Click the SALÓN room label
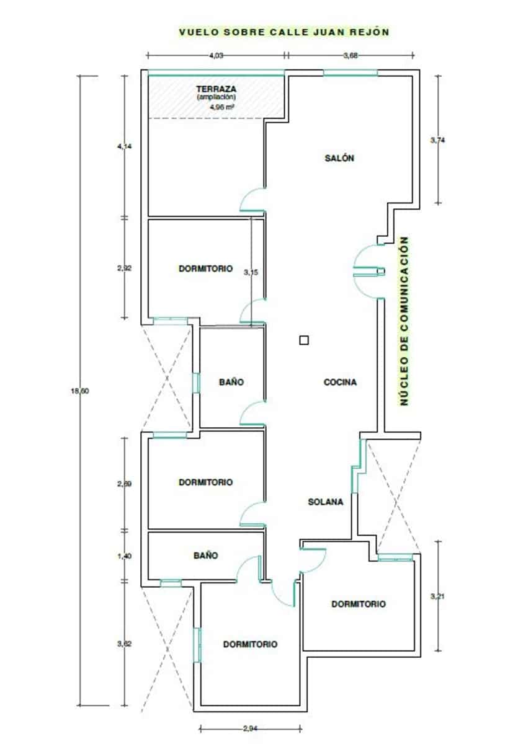tap(339, 158)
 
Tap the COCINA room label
tap(341, 383)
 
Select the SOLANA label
tap(326, 502)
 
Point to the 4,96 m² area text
tap(220, 106)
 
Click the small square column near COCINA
tap(303, 339)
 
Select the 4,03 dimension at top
tap(216, 56)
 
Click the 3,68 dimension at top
tap(351, 56)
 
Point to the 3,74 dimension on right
tap(437, 140)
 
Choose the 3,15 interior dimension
tap(251, 272)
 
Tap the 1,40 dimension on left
tap(124, 556)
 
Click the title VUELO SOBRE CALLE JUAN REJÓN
tap(284, 32)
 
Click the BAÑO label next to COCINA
tap(231, 383)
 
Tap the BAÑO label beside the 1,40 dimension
tap(205, 556)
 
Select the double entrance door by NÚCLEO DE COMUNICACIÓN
tap(366, 270)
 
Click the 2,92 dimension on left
tap(124, 268)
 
